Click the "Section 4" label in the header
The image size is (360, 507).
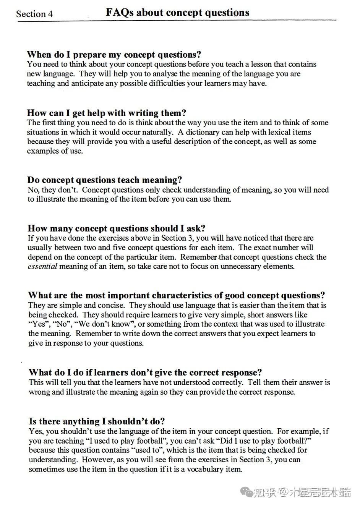click(34, 14)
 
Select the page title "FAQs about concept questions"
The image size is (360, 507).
click(177, 13)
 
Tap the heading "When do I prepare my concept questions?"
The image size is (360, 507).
click(114, 55)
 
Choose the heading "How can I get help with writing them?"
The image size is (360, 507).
click(106, 113)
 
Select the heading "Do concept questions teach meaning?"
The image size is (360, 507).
click(105, 180)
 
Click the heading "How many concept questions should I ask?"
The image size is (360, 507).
click(116, 228)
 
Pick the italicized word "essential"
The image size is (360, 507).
click(42, 266)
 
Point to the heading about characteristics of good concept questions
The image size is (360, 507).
click(176, 295)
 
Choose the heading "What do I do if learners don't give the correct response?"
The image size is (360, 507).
click(145, 373)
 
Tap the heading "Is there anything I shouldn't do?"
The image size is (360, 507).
click(97, 421)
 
